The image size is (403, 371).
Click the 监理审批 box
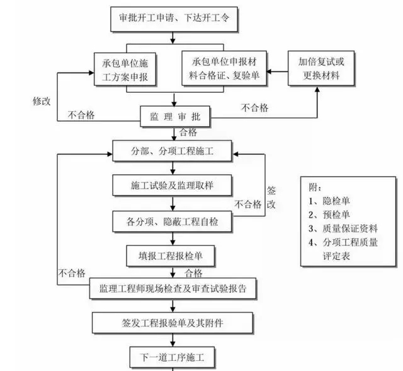pos(174,117)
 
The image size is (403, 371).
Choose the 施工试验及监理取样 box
pos(173,186)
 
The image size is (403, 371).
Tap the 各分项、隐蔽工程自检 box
pos(173,221)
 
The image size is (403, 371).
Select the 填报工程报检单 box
pos(173,256)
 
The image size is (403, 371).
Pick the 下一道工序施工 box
pos(173,356)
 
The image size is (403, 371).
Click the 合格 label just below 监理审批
pos(188,132)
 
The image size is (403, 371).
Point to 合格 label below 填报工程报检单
pos(193,273)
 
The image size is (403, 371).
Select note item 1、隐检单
pos(329,201)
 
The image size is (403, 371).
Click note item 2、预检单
pos(329,215)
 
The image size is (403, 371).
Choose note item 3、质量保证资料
pos(343,228)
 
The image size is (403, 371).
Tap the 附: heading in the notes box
pos(315,187)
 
